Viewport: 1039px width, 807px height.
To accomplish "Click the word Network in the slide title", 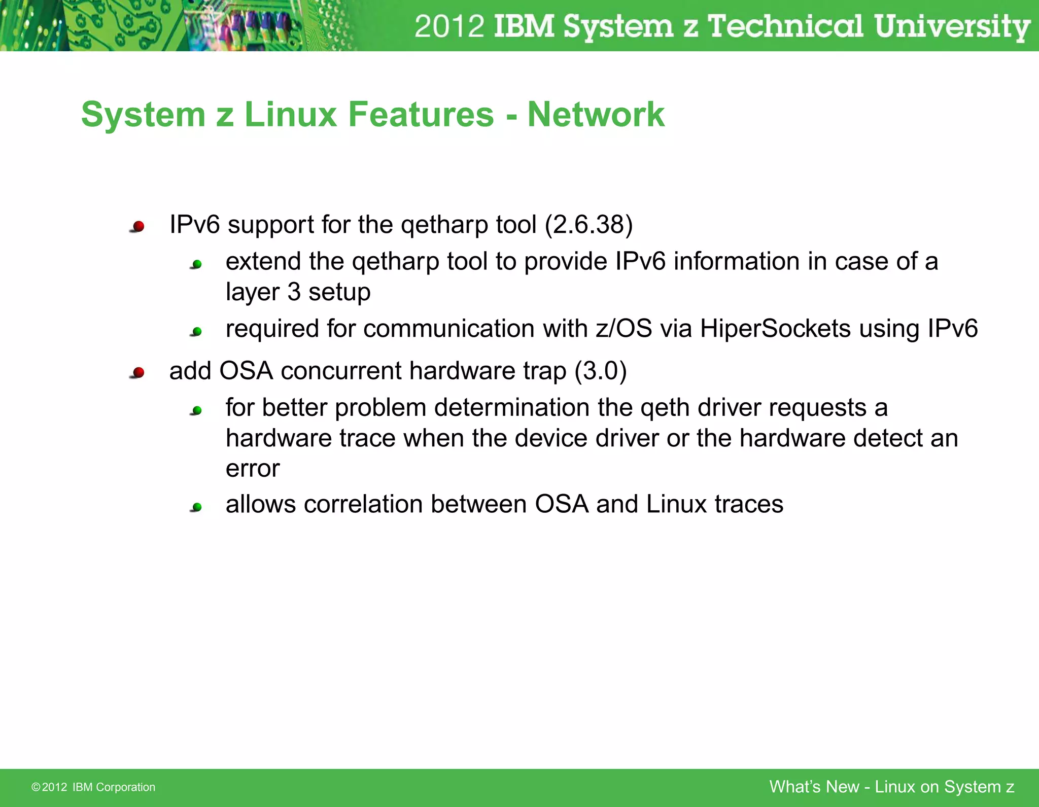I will point(596,115).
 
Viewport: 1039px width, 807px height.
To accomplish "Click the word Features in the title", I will point(421,115).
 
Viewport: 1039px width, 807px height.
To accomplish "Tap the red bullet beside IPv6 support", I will point(138,226).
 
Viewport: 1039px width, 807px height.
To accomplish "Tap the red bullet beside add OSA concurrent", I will point(138,373).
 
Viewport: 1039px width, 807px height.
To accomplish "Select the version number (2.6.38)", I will point(588,225).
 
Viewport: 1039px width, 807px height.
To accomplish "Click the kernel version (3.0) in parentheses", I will point(601,371).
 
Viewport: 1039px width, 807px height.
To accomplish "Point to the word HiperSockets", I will point(775,329).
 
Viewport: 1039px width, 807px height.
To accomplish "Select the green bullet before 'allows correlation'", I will point(197,507).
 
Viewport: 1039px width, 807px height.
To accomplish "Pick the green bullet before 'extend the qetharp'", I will point(197,264).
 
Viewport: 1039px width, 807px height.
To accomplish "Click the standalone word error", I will point(252,469).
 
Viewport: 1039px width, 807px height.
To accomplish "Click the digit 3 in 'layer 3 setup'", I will point(294,292).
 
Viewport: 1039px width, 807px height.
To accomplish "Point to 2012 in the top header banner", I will point(449,26).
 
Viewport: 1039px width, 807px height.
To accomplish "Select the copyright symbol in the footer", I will point(36,787).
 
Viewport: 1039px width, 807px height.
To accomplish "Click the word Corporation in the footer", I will point(125,787).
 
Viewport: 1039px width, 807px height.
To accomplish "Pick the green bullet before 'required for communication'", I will point(197,332).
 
